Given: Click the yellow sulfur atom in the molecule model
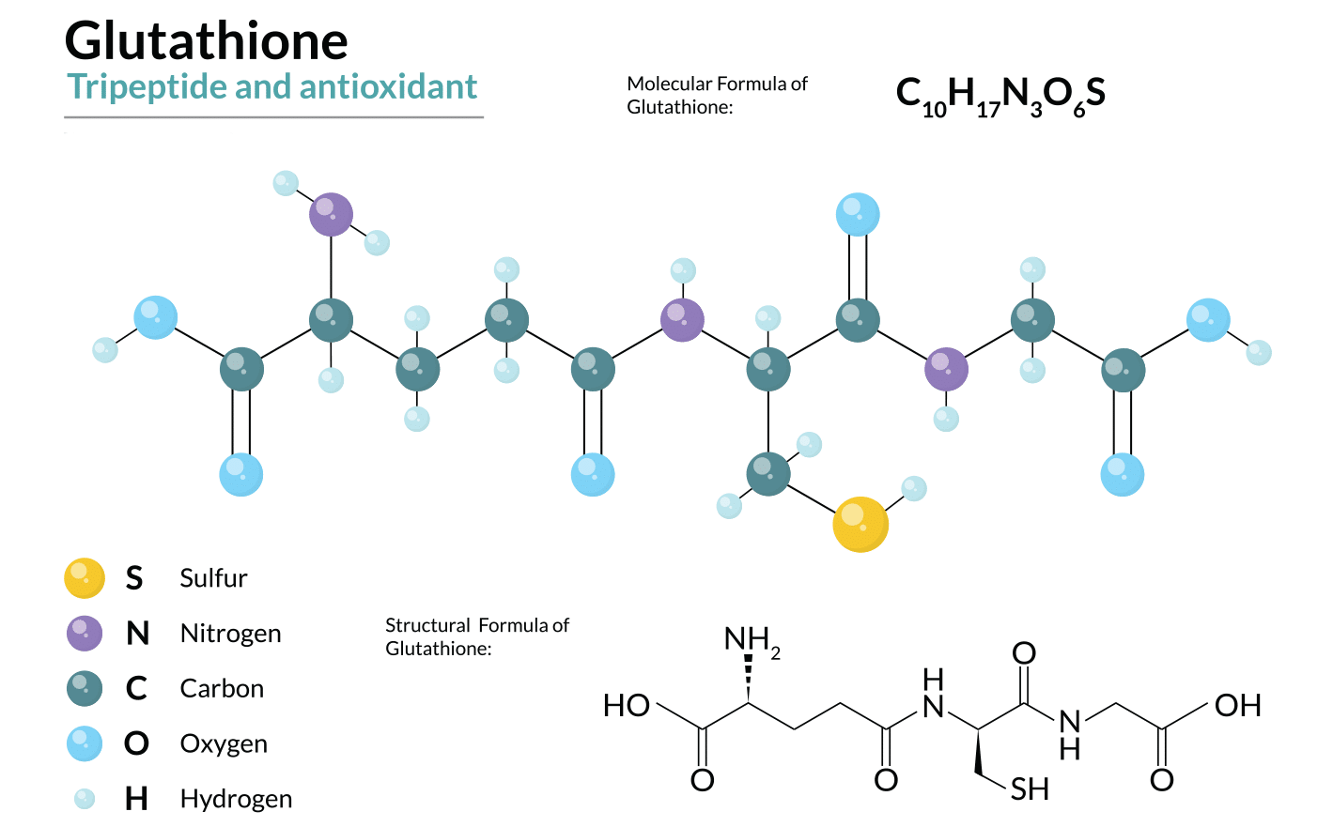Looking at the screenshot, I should pos(860,524).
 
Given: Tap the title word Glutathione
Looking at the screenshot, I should pos(207,41).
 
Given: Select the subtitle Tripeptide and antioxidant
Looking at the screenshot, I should pos(272,87).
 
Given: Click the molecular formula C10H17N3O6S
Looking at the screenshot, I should pos(1000,95).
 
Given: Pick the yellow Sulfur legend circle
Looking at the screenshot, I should pos(85,578).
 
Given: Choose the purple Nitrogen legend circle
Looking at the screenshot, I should pos(85,634).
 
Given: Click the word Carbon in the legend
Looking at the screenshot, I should pos(222,689).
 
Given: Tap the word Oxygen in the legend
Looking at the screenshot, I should pos(224,744).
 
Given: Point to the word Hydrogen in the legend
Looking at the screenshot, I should pos(236,799).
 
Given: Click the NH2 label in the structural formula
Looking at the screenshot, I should pos(751,641).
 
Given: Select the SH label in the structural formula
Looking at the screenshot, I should pos(1030,789).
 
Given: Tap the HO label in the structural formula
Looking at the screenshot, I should pos(627,706).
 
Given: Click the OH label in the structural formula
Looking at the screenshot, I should pos(1237,706).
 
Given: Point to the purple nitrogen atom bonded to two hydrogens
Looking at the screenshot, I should pos(331,214).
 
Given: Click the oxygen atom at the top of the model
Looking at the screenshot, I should pos(858,214).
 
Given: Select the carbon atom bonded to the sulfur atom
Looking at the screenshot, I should pos(768,474).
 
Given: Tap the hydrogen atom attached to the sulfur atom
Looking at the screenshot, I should pos(913,488).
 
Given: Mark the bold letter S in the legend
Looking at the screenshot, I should pos(134,578).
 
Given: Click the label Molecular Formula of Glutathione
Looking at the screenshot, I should pos(717,95).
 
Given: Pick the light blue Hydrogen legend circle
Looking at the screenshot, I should pos(85,799).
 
